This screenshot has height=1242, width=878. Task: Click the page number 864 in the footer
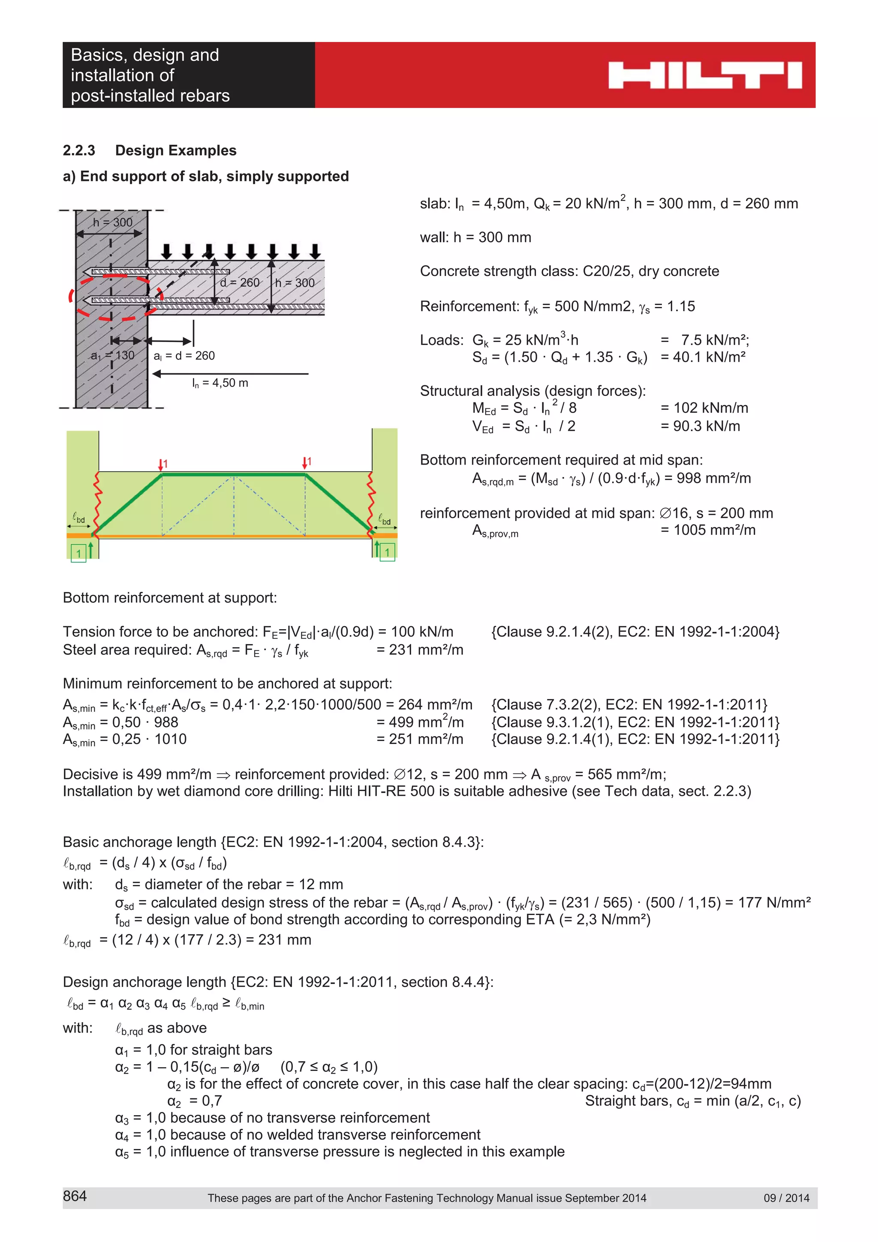pos(75,1196)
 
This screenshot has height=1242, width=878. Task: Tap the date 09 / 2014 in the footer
pos(786,1198)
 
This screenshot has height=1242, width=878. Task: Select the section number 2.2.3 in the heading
pos(79,150)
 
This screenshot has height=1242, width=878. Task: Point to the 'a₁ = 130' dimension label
pos(112,355)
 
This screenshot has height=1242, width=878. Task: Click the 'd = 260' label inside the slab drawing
pos(240,283)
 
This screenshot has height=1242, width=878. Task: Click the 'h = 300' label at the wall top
pos(112,222)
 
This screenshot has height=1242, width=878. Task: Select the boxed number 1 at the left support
pos(79,553)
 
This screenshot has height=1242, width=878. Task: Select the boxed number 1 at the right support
pos(387,552)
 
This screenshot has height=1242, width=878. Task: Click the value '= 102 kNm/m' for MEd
pos(704,408)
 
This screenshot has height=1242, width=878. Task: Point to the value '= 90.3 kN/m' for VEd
pos(700,426)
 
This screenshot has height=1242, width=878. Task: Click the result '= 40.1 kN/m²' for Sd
pos(703,357)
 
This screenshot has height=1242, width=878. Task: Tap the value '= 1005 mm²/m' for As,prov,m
pos(708,530)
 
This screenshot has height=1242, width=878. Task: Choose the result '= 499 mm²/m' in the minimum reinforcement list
pos(420,722)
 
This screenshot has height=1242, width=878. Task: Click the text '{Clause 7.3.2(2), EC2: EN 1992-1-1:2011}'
pos(629,704)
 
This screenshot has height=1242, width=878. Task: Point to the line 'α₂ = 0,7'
pos(195,1101)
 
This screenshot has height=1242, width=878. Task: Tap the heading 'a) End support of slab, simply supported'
pos(206,176)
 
